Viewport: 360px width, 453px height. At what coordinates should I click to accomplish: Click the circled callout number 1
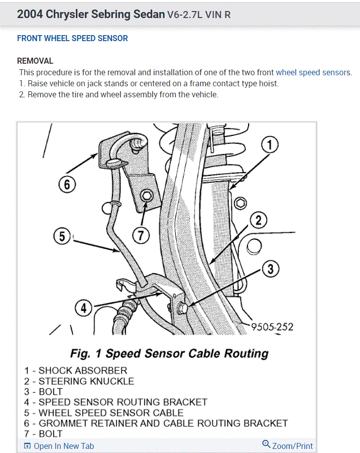(270, 145)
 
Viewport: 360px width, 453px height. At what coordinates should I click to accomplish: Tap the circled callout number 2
(258, 220)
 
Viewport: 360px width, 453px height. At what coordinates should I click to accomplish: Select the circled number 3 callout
(270, 269)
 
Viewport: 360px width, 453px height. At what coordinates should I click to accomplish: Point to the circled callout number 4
(84, 308)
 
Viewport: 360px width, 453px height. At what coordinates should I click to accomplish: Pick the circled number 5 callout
(62, 236)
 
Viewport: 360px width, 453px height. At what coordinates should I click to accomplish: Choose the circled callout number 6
(67, 184)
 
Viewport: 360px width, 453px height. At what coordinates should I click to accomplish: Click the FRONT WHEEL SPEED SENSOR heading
(72, 38)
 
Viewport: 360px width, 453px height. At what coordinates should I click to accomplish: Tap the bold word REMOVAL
(35, 61)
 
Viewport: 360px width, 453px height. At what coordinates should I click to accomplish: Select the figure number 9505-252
(272, 327)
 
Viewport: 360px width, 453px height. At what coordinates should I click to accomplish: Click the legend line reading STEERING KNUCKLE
(79, 381)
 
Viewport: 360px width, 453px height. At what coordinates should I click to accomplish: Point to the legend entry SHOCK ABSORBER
(76, 371)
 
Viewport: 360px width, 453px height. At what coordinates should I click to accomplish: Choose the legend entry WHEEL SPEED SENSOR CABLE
(104, 413)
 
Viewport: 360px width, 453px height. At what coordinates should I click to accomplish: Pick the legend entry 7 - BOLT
(43, 433)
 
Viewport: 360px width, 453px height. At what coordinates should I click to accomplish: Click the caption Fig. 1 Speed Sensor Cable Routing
(169, 353)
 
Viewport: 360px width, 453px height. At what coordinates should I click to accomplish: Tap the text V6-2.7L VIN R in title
(199, 14)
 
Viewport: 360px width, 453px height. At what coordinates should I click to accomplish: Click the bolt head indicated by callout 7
(147, 196)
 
